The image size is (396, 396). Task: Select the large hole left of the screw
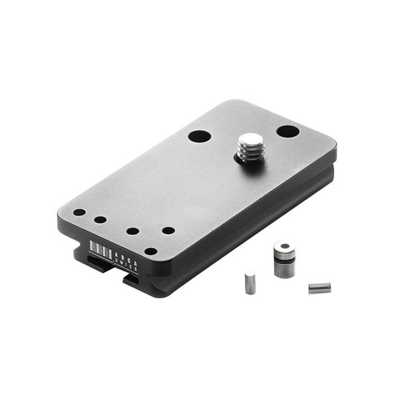(x=199, y=136)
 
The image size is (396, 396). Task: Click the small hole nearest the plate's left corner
(x=80, y=213)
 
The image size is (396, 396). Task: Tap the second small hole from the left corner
(x=101, y=219)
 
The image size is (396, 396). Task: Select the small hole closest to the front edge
(x=150, y=251)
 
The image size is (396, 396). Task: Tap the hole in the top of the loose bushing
(x=283, y=247)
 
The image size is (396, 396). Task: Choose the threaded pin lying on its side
(x=319, y=288)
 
